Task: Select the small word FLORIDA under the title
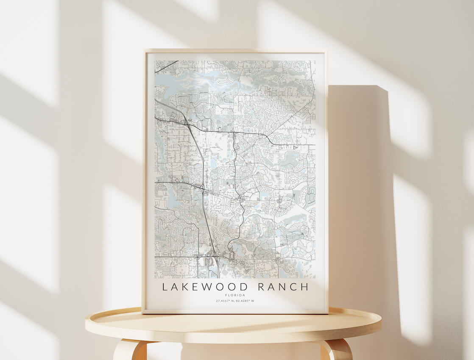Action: point(235,295)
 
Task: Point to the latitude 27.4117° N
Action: point(225,301)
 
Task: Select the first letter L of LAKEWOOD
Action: point(165,287)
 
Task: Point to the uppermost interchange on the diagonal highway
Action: point(187,123)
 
